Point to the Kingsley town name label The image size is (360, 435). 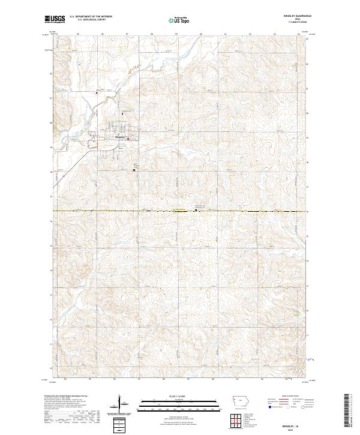pyautogui.click(x=119, y=136)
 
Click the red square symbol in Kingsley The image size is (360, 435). pyautogui.click(x=127, y=141)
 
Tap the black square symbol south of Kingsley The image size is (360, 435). pyautogui.click(x=134, y=170)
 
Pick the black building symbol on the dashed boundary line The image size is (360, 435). pyautogui.click(x=196, y=211)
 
